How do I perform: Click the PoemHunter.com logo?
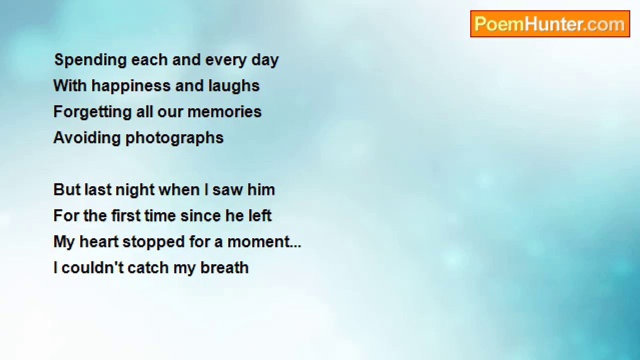550,24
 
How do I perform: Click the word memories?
224,111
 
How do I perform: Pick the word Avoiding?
87,137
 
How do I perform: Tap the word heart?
99,241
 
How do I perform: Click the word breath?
224,267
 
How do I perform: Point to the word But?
67,189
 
